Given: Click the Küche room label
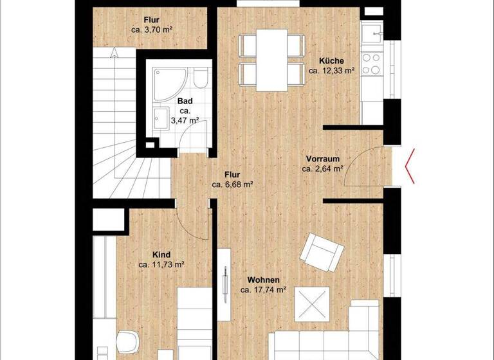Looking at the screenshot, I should (332, 61).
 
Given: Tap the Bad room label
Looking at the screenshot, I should (185, 101).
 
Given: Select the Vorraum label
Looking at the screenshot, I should (322, 159).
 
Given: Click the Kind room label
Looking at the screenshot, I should (161, 254).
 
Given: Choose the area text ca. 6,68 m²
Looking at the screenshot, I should (232, 184).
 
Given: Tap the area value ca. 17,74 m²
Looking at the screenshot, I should (264, 290).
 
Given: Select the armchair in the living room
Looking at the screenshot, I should (320, 252).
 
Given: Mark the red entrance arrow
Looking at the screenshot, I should (410, 166).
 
